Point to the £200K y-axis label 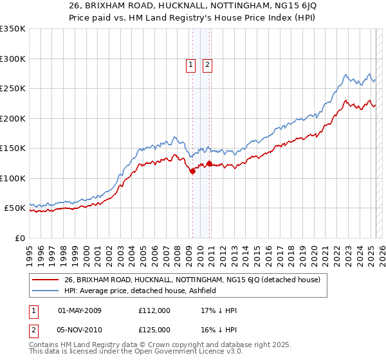[13, 118]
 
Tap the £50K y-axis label [15, 208]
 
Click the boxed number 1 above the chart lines [192, 64]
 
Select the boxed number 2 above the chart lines [208, 64]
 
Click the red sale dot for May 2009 [192, 171]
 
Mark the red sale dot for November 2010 [210, 163]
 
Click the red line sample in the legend [45, 280]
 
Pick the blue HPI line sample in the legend [45, 291]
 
